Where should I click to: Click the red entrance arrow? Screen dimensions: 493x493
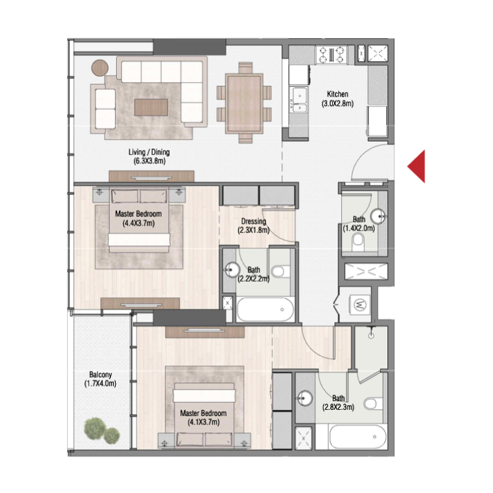[417, 166]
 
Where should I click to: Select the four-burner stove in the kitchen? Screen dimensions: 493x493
[331, 55]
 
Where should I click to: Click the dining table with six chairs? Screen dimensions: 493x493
[245, 99]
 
